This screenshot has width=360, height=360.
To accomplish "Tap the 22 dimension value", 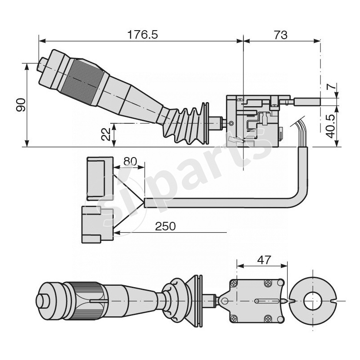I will pos(107,134).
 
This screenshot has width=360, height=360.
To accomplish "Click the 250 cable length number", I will pos(165,226).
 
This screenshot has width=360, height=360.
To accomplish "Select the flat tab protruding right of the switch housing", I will pos(307,102).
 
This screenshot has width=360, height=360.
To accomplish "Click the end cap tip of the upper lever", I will pos(41,65).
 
